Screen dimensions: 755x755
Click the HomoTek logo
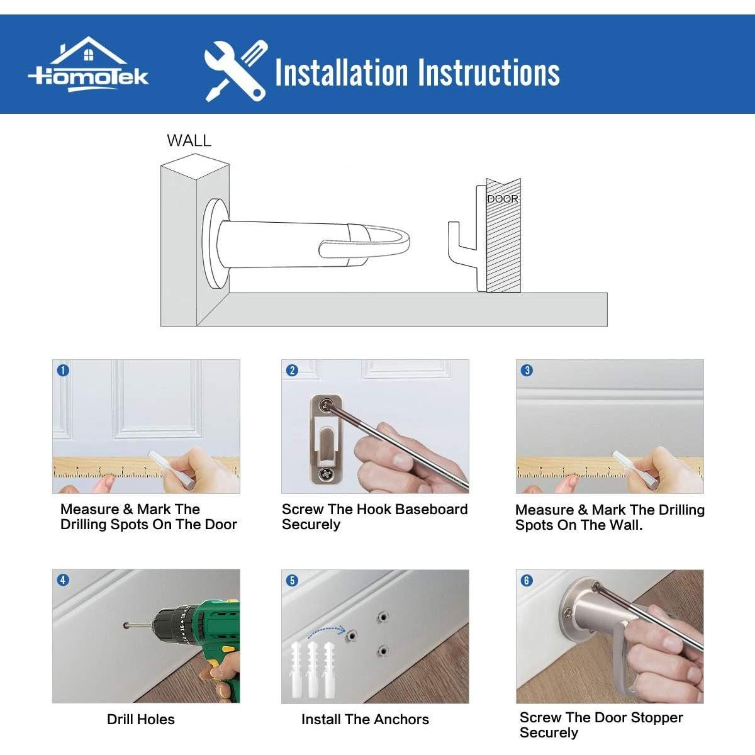89,65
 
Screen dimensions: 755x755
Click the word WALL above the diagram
189,140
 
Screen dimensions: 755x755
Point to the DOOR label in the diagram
503,199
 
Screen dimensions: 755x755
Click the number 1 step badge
63,370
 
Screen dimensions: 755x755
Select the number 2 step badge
292,370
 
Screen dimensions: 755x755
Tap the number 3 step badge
527,370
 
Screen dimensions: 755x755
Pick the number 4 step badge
63,580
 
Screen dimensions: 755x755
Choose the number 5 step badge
292,580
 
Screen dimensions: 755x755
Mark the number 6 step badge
527,580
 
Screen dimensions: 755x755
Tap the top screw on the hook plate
325,406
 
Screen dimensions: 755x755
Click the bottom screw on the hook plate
325,474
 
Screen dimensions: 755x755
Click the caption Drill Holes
141,719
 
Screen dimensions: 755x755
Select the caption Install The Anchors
365,719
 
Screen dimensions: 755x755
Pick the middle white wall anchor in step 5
312,669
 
